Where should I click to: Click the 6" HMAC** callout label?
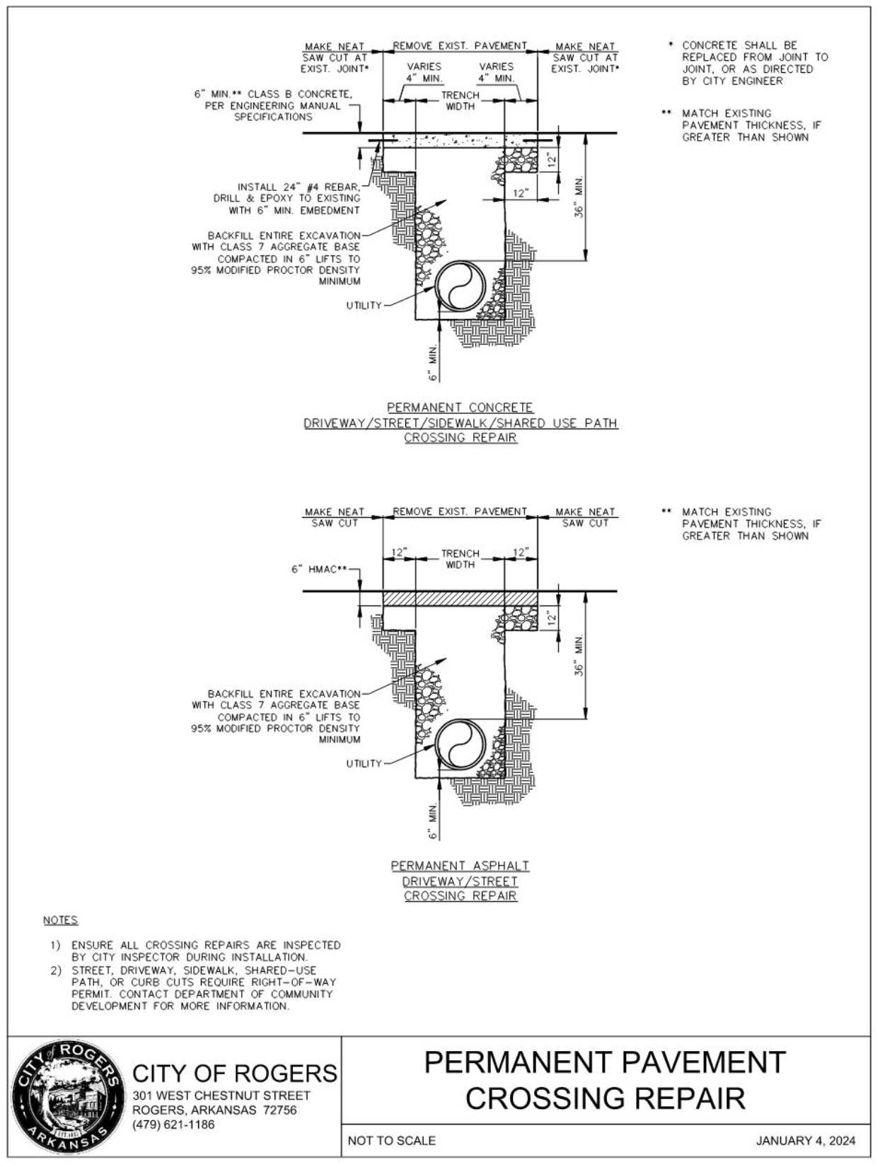point(318,569)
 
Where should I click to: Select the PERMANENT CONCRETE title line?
point(460,407)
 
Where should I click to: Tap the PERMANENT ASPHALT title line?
point(460,866)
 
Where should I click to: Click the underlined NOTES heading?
point(61,919)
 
